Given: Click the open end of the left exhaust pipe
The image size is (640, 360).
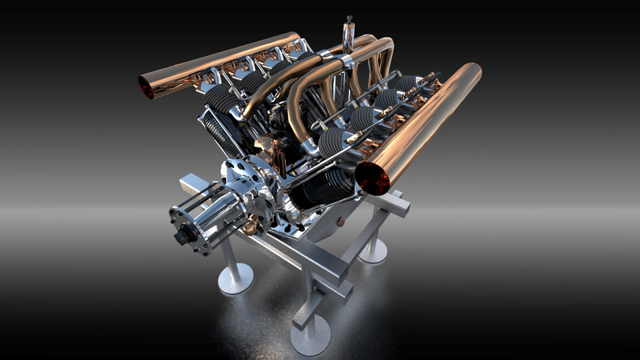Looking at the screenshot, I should pyautogui.click(x=146, y=87).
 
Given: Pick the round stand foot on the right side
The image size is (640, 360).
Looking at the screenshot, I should pyautogui.click(x=373, y=251).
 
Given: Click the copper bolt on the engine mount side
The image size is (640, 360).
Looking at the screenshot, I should pyautogui.click(x=341, y=222).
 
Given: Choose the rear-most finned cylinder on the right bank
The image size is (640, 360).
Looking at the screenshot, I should pyautogui.click(x=407, y=83).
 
